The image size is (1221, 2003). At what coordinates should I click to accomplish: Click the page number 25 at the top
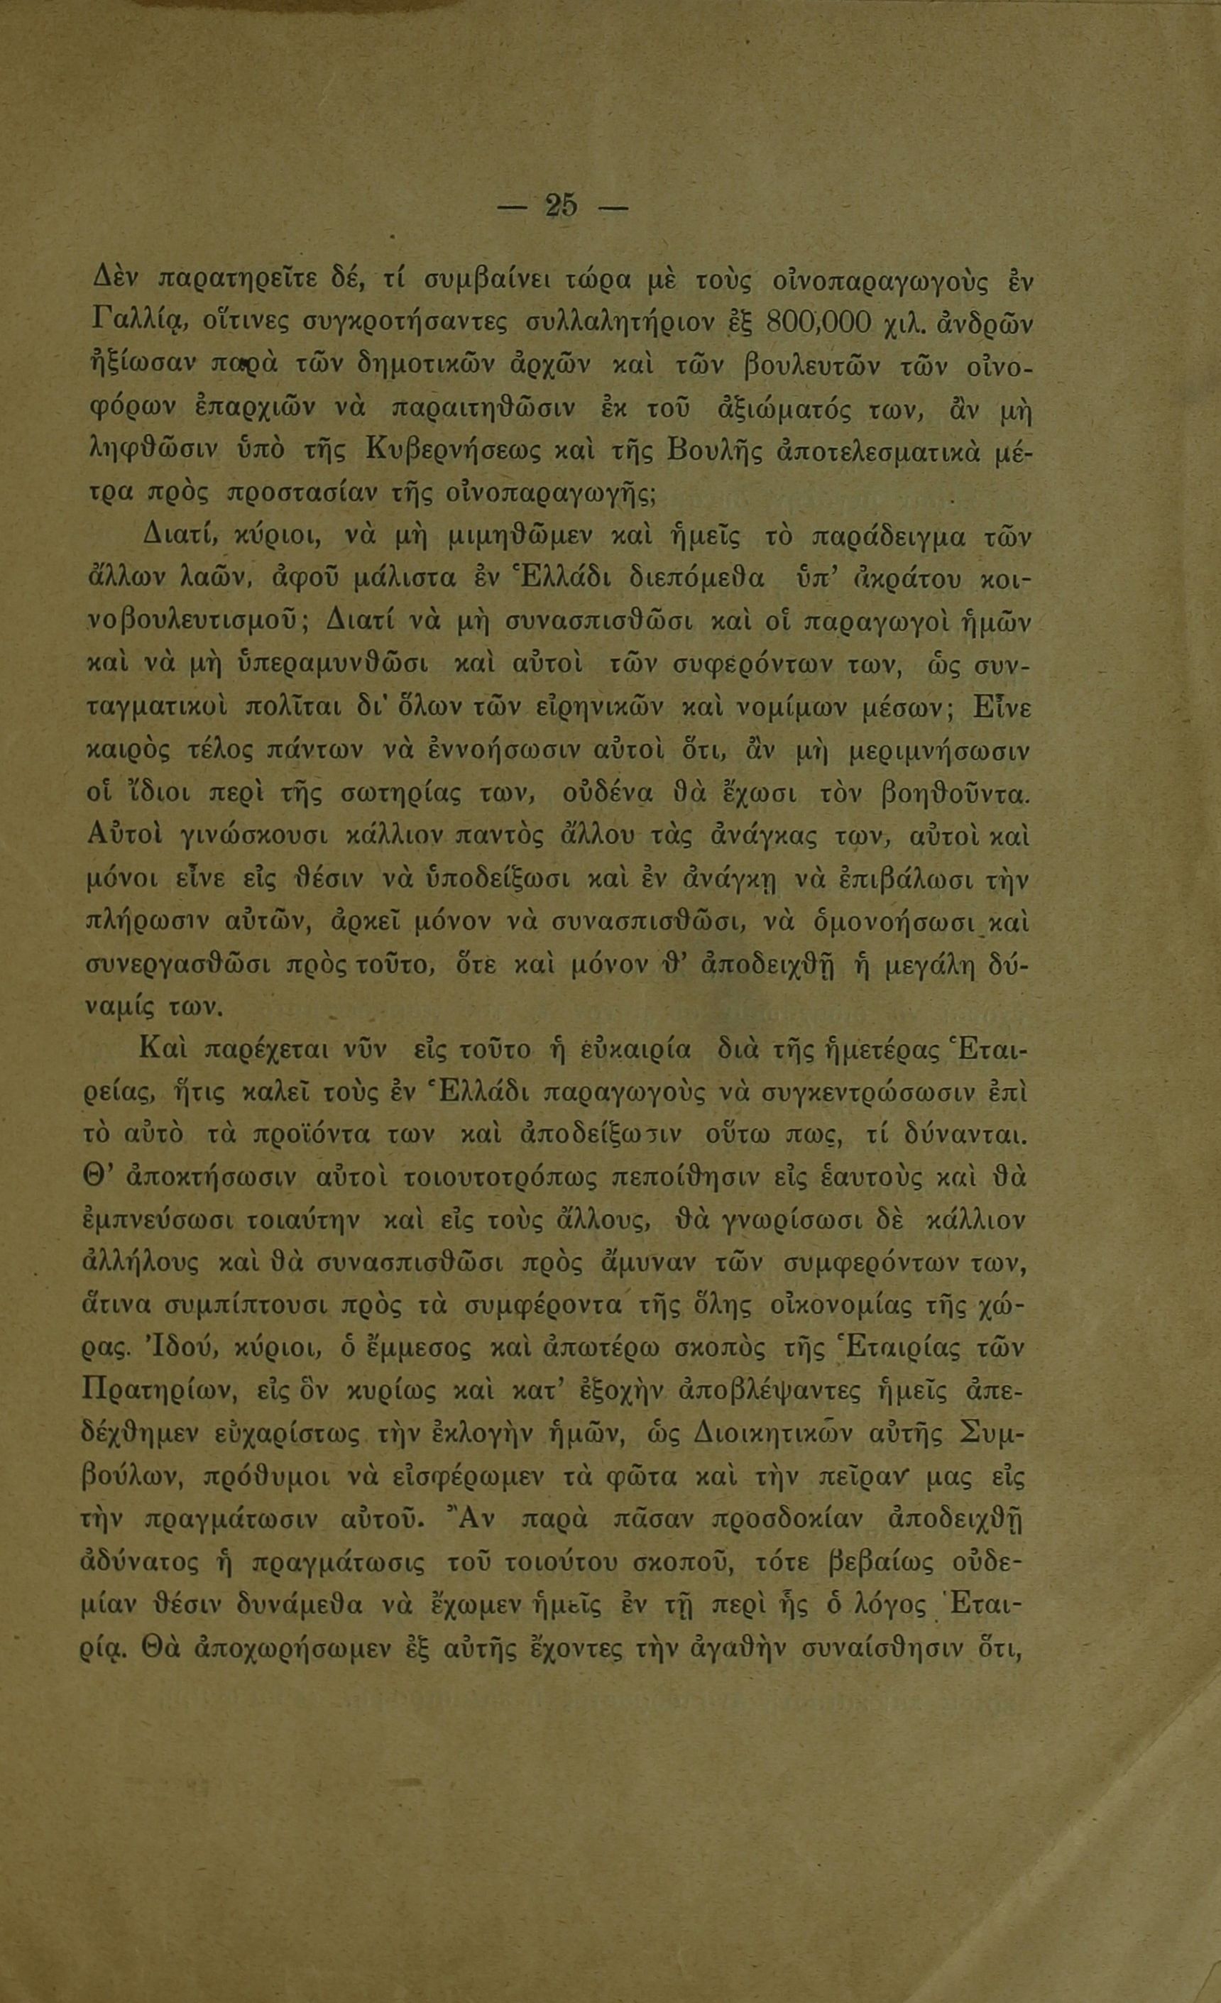[562, 207]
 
